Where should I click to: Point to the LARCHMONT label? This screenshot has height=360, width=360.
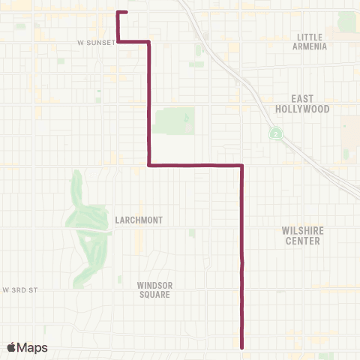click(x=139, y=220)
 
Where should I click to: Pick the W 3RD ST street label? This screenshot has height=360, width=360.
click(x=19, y=289)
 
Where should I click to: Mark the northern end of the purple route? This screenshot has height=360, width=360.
click(x=127, y=13)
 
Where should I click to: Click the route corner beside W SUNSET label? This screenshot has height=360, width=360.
click(x=118, y=42)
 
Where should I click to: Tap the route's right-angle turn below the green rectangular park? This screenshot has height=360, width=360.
click(x=149, y=165)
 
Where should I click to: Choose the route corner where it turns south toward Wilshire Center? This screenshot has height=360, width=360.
click(x=241, y=165)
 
